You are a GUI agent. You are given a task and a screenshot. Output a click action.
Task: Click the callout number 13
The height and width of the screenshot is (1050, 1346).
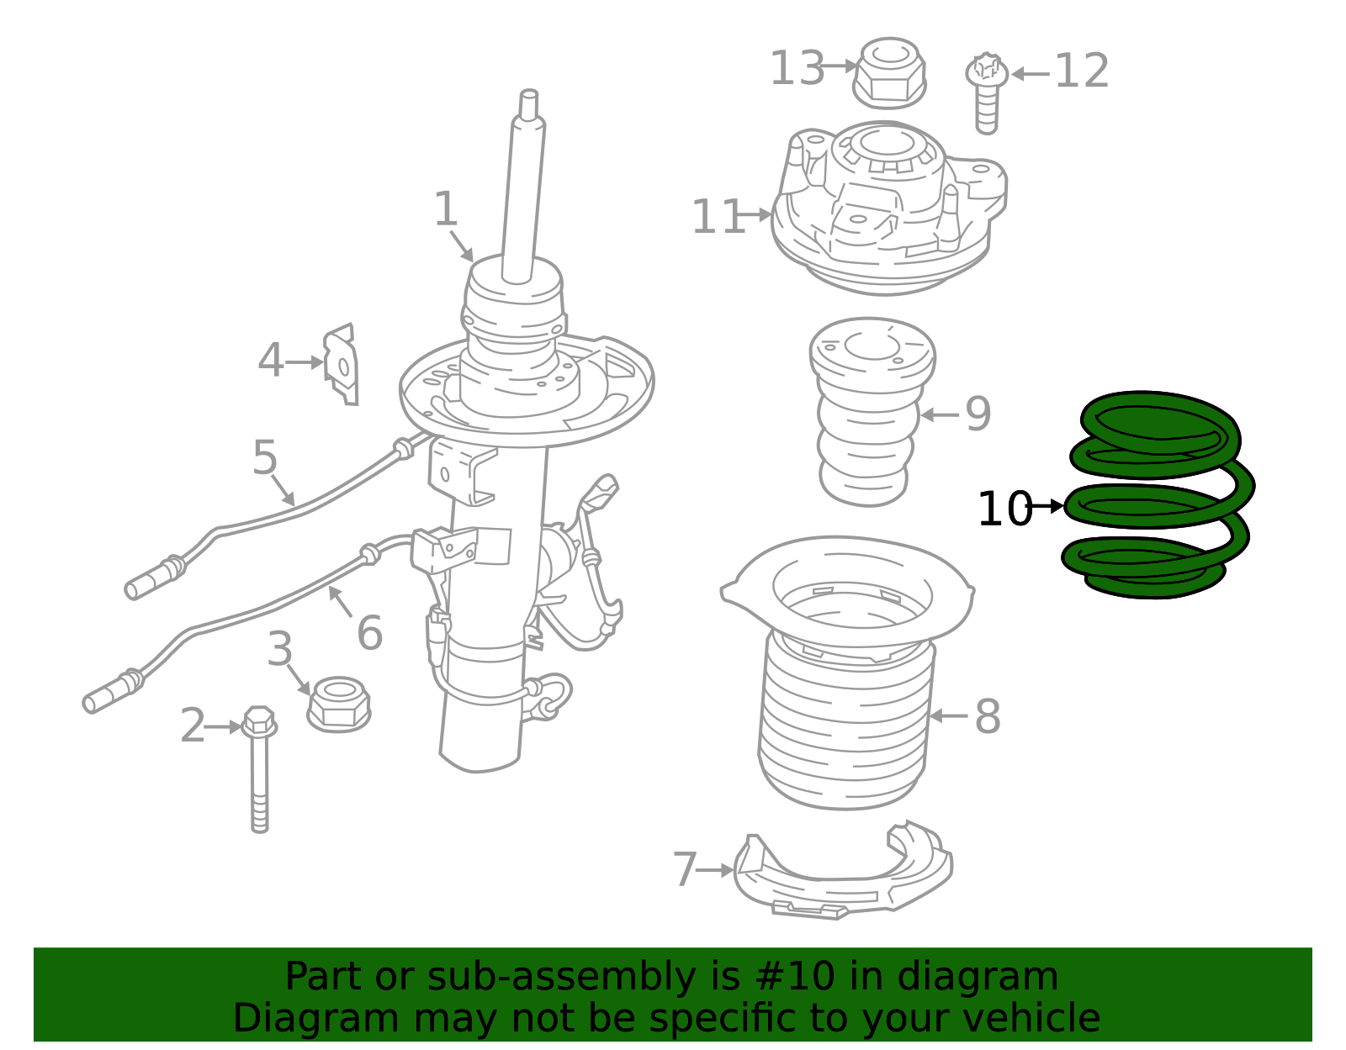pyautogui.click(x=798, y=68)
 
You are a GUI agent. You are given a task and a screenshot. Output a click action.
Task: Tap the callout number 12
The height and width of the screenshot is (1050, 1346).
pyautogui.click(x=1082, y=71)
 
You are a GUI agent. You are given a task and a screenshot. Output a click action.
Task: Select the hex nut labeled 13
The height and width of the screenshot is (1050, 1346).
pyautogui.click(x=889, y=73)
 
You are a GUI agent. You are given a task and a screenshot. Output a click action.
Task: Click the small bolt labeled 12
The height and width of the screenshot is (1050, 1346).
pyautogui.click(x=987, y=93)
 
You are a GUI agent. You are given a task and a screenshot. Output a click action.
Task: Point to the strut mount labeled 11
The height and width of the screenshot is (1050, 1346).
pyautogui.click(x=889, y=208)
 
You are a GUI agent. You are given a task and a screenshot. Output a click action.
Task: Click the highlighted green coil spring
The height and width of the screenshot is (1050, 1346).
pyautogui.click(x=1158, y=495)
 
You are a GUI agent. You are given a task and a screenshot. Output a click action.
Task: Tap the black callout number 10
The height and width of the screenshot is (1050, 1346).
pyautogui.click(x=1004, y=509)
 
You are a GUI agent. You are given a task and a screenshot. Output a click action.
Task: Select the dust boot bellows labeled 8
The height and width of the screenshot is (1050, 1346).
pyautogui.click(x=847, y=674)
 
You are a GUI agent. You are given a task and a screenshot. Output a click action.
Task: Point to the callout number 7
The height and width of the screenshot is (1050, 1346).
pyautogui.click(x=685, y=869)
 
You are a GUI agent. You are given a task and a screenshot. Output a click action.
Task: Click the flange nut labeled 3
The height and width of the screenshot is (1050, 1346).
pyautogui.click(x=339, y=704)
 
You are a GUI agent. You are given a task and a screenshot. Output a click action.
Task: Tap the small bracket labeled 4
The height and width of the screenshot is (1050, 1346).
pyautogui.click(x=342, y=365)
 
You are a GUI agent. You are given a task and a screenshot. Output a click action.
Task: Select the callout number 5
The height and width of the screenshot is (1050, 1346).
pyautogui.click(x=264, y=458)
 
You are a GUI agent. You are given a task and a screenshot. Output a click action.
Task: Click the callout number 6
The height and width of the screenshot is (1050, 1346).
pyautogui.click(x=370, y=632)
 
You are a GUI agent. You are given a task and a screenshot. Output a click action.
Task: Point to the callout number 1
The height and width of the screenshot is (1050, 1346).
pyautogui.click(x=446, y=209)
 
